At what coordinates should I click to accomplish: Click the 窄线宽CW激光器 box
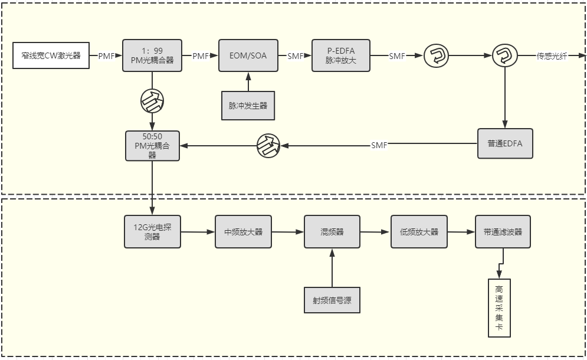[51, 56]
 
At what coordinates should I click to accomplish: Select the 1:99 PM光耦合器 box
[152, 56]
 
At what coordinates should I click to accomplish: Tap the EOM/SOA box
[248, 56]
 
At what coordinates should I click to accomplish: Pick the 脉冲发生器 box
[248, 106]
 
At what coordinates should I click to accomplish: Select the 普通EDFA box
[504, 143]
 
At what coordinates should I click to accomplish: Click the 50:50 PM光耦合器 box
[152, 145]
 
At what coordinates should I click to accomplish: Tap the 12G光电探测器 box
[152, 231]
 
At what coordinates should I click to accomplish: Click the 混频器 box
[332, 232]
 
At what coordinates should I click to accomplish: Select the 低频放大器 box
[419, 232]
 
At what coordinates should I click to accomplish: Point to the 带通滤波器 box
[503, 232]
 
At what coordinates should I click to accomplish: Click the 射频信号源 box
[332, 299]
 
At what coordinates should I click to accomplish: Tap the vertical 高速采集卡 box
[499, 308]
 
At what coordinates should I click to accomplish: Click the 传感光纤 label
[551, 56]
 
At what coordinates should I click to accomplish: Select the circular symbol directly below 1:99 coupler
[152, 102]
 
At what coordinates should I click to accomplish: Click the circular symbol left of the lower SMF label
[268, 145]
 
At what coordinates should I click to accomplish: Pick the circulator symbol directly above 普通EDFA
[504, 56]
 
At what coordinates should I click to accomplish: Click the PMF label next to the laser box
[106, 56]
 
